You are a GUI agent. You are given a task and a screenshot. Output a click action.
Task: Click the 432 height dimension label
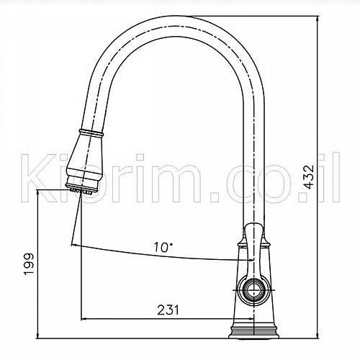pyautogui.click(x=308, y=176)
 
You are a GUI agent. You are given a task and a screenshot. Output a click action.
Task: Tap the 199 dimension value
pyautogui.click(x=30, y=264)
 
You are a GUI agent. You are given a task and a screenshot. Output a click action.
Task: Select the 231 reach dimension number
pyautogui.click(x=168, y=310)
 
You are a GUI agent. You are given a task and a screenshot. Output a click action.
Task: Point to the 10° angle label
pyautogui.click(x=163, y=247)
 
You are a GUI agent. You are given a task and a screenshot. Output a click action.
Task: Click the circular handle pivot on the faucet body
pyautogui.click(x=253, y=290)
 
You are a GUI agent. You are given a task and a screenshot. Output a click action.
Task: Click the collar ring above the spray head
pyautogui.click(x=91, y=132)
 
